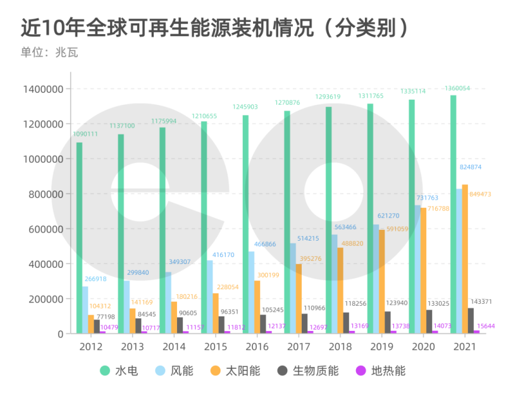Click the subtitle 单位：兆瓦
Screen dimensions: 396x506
click(x=49, y=53)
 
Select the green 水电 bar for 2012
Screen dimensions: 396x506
click(x=79, y=237)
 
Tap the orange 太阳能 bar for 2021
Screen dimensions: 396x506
click(x=465, y=259)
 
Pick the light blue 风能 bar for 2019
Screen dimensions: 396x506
click(x=376, y=279)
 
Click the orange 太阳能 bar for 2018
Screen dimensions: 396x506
click(x=340, y=290)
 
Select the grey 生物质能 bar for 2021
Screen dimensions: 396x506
click(x=471, y=320)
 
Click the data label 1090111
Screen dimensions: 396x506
click(x=85, y=134)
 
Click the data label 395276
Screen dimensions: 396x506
click(x=311, y=258)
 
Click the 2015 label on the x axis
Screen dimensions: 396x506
click(x=216, y=347)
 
